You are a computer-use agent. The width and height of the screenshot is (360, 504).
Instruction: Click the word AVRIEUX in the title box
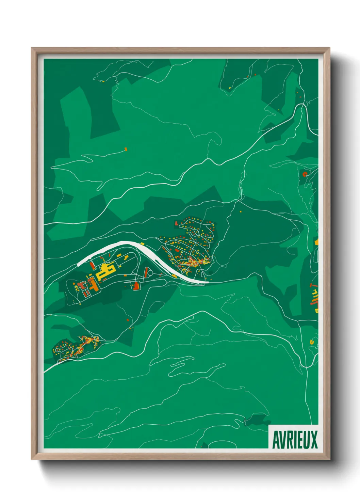point(295,440)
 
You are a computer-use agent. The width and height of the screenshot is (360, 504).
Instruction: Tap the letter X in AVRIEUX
point(313,440)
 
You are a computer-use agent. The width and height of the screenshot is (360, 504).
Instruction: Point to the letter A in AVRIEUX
point(276,440)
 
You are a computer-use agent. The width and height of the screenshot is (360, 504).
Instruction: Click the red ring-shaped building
point(305,174)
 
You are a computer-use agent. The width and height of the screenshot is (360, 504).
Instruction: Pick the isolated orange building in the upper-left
point(126,149)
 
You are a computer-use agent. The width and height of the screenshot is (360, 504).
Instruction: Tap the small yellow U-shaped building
point(312,341)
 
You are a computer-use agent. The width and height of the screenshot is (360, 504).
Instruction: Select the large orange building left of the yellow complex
point(93,284)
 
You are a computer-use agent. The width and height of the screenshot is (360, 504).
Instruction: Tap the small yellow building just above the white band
point(143,243)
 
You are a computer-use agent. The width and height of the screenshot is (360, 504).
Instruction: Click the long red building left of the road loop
point(146,272)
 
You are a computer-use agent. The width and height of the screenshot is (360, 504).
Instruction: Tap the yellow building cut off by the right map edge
point(317,242)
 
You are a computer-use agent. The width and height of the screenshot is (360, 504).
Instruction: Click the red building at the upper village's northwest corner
point(176,223)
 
